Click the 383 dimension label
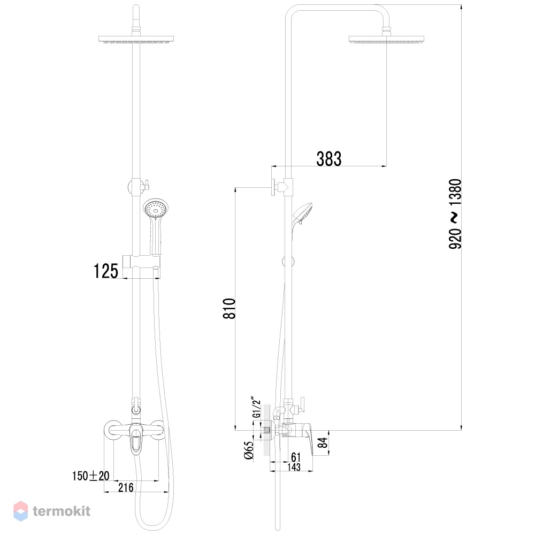(328, 159)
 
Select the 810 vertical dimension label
(230, 309)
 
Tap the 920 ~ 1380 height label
(455, 214)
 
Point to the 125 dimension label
(106, 271)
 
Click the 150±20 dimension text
(91, 476)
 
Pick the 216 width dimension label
(126, 487)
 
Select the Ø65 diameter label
(249, 450)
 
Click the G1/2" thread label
(256, 407)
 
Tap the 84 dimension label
(323, 442)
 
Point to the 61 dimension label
(296, 457)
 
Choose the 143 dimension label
(294, 467)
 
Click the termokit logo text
(62, 511)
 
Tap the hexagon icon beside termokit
(20, 511)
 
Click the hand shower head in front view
(156, 208)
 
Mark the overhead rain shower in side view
(386, 39)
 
